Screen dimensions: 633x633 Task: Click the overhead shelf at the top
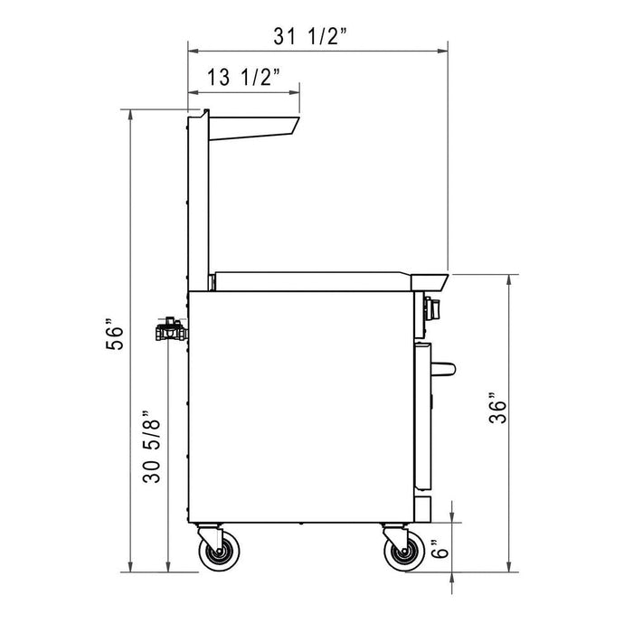[253, 127]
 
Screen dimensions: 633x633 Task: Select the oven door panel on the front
[421, 416]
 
